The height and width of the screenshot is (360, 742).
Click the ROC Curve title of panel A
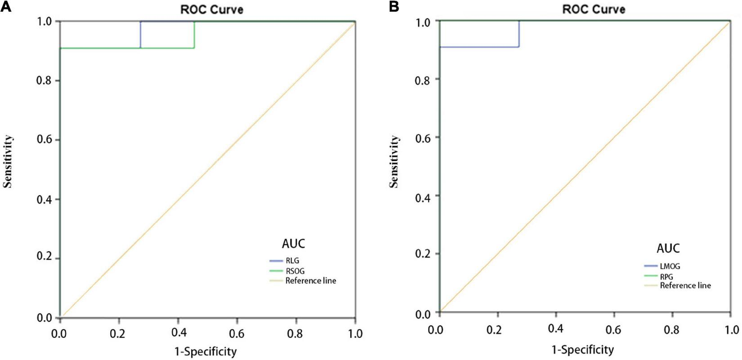tap(212, 10)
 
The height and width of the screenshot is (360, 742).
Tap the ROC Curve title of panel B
tap(594, 9)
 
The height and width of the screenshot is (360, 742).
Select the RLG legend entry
tap(292, 261)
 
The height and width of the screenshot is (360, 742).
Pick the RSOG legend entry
tap(295, 271)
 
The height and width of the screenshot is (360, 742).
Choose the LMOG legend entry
tap(670, 267)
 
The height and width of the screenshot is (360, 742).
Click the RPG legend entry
tap(666, 277)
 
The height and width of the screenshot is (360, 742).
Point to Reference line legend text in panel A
tap(311, 281)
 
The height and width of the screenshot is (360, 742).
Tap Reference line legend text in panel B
tap(685, 285)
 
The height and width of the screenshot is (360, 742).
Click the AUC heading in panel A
tap(293, 244)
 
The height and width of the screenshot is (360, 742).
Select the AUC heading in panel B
tap(668, 249)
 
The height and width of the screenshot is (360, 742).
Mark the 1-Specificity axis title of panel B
tap(582, 350)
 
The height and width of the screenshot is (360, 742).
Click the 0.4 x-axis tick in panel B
tap(556, 329)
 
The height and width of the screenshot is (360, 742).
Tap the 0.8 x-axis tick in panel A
tap(296, 334)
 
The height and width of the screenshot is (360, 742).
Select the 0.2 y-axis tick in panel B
tap(423, 254)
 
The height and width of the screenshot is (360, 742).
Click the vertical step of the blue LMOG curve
tap(519, 34)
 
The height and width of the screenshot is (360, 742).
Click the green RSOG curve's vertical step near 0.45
tap(194, 35)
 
